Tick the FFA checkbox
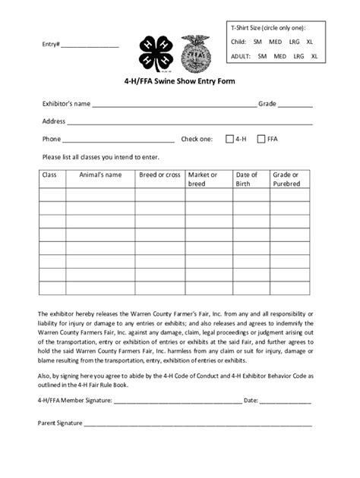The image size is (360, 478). pyautogui.click(x=261, y=139)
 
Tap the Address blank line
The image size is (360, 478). pyautogui.click(x=190, y=123)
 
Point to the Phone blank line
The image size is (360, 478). pyautogui.click(x=118, y=141)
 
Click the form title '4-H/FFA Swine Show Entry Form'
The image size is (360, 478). pyautogui.click(x=179, y=82)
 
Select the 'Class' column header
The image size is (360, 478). pyautogui.click(x=50, y=175)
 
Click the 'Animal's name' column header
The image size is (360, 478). pyautogui.click(x=100, y=175)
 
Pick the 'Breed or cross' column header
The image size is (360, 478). pyautogui.click(x=159, y=175)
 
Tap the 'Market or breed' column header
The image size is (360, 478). pyautogui.click(x=203, y=179)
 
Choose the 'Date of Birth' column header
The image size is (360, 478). pyautogui.click(x=247, y=179)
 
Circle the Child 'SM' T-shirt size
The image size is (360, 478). pyautogui.click(x=257, y=42)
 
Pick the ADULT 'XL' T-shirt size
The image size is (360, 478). pyautogui.click(x=314, y=55)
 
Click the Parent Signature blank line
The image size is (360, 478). pyautogui.click(x=197, y=424)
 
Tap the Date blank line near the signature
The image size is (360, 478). pyautogui.click(x=287, y=402)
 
